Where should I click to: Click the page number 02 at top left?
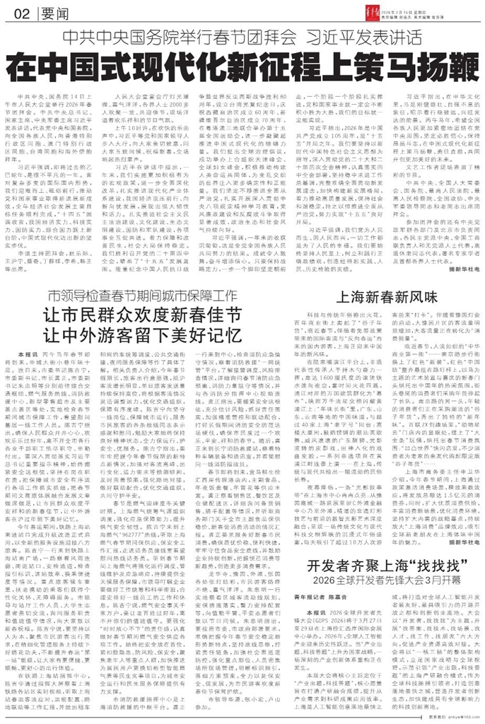(x=20, y=13)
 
